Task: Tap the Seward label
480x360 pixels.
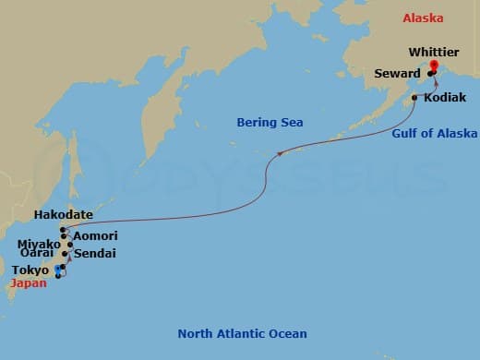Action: pyautogui.click(x=400, y=73)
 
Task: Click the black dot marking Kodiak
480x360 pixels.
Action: pyautogui.click(x=414, y=97)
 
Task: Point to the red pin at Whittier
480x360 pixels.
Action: pyautogui.click(x=435, y=65)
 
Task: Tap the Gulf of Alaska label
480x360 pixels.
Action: pyautogui.click(x=435, y=134)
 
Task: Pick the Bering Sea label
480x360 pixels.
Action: pyautogui.click(x=270, y=122)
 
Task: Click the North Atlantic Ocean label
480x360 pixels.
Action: pyautogui.click(x=242, y=333)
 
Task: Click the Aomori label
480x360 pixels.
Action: pyautogui.click(x=95, y=236)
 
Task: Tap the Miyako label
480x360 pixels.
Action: pyautogui.click(x=38, y=244)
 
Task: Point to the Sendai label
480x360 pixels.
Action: pyautogui.click(x=94, y=252)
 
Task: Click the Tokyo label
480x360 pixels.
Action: pyautogui.click(x=31, y=270)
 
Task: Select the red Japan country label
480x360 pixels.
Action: pyautogui.click(x=26, y=284)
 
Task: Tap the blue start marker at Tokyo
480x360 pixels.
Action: pyautogui.click(x=58, y=270)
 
